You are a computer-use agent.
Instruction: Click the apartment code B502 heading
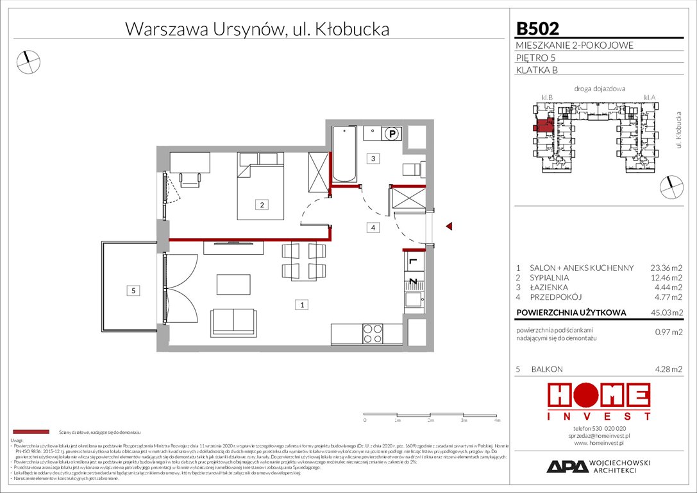(537, 28)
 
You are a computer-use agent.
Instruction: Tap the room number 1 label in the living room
(300, 305)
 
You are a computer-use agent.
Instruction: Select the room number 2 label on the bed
(262, 205)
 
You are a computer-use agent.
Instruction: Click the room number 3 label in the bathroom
(371, 158)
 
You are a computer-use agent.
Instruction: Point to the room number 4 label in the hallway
(371, 227)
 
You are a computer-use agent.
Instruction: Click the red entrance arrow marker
(449, 226)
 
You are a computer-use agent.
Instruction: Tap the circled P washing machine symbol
(391, 134)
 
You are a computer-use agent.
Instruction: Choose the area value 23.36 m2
(666, 268)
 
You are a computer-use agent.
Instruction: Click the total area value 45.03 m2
(666, 313)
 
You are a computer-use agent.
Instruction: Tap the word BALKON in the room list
(546, 369)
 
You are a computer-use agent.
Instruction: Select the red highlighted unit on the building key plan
(543, 125)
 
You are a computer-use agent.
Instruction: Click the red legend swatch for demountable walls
(30, 432)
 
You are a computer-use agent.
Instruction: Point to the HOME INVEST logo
(598, 401)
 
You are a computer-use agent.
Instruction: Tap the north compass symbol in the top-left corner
(28, 61)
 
